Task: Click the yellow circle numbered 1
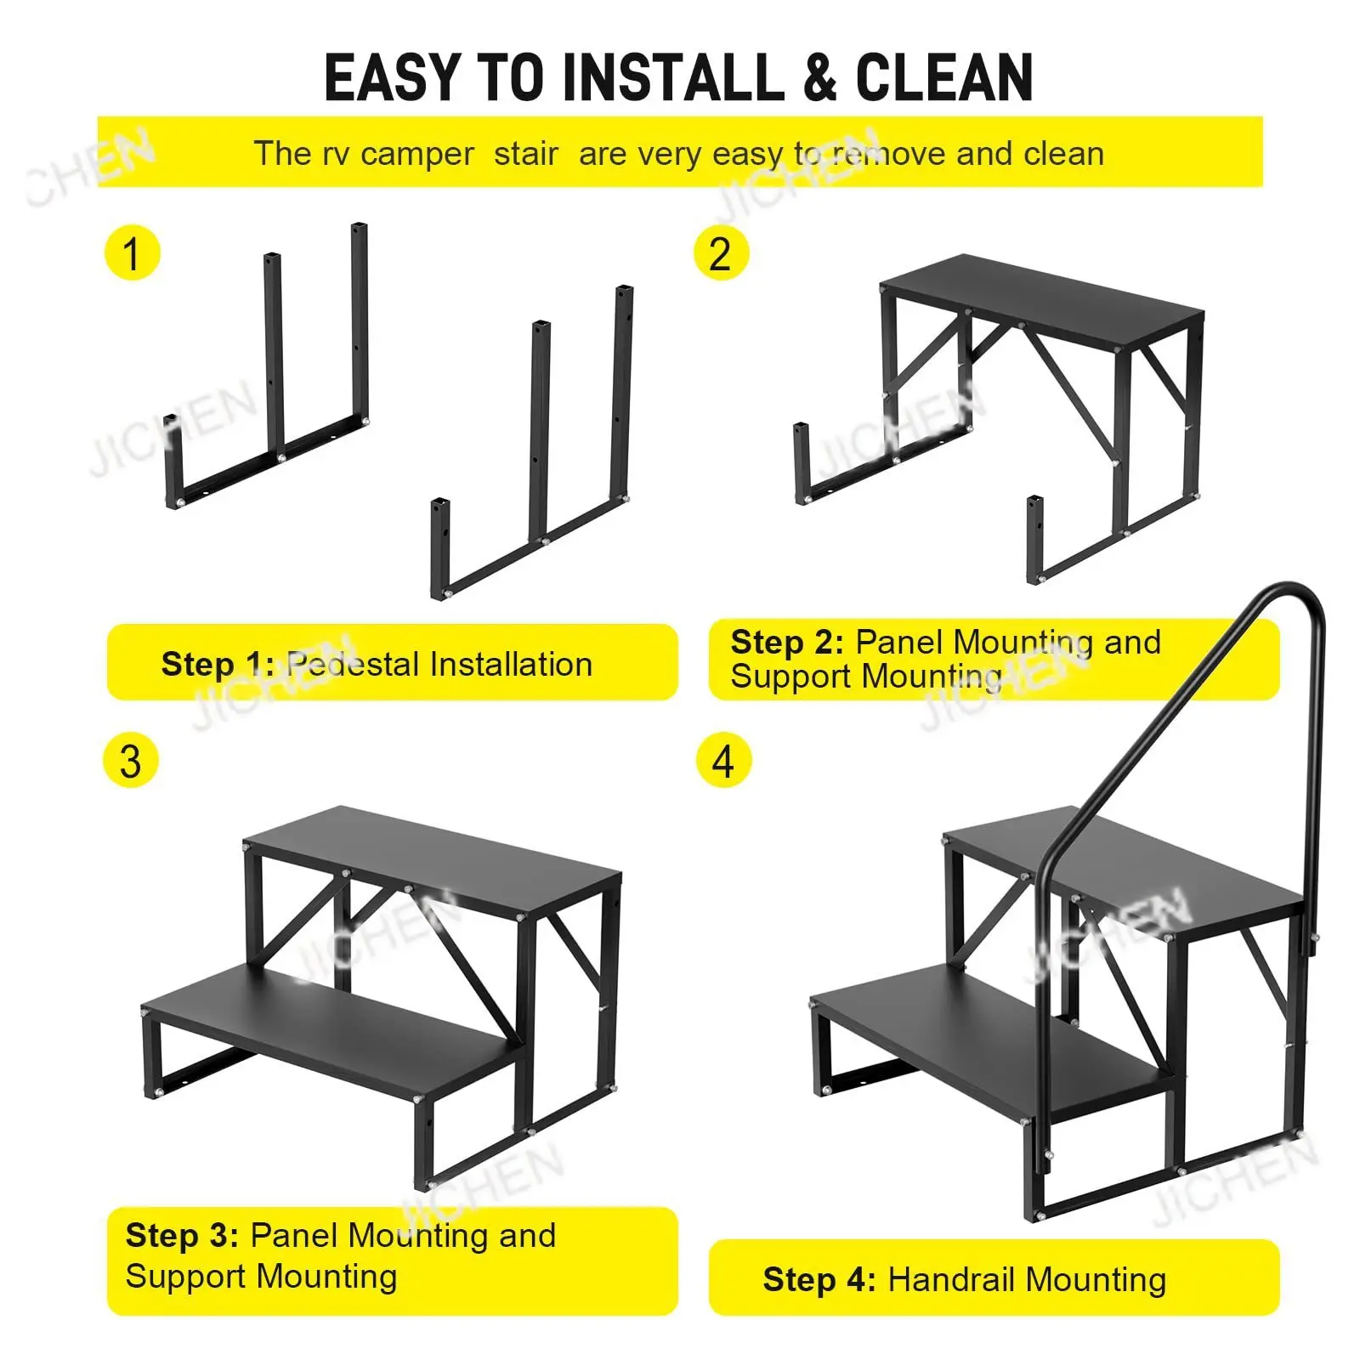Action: (x=132, y=252)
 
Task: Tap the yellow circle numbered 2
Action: (x=721, y=252)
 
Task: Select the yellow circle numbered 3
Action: (x=131, y=760)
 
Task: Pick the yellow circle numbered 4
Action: (x=723, y=760)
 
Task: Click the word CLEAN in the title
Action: (x=943, y=78)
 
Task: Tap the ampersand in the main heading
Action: (x=819, y=78)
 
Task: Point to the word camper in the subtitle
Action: (x=416, y=155)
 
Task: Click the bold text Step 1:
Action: (x=218, y=664)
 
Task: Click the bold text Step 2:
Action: (x=787, y=642)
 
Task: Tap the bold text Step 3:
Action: (x=182, y=1235)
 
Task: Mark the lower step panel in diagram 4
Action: (x=986, y=1045)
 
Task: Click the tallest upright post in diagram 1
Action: (x=360, y=323)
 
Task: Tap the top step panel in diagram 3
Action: (x=433, y=858)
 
